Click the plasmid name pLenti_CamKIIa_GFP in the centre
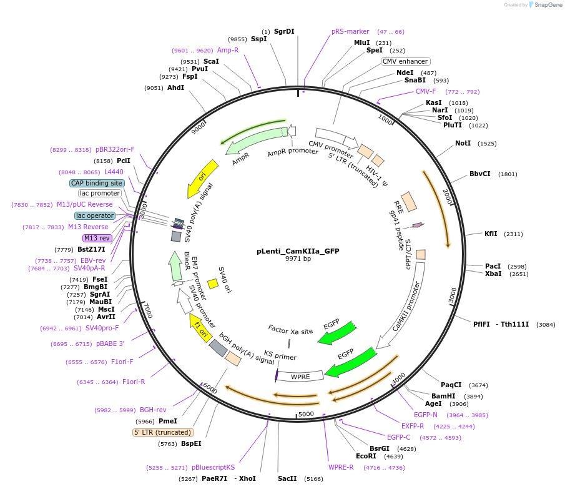[298, 251]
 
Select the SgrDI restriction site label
[284, 31]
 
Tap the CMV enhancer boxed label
[405, 61]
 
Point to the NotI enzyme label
[463, 143]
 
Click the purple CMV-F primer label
[426, 91]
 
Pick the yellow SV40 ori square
[212, 284]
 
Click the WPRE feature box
[300, 377]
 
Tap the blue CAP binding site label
[96, 183]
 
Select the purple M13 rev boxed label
[97, 238]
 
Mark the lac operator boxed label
[96, 215]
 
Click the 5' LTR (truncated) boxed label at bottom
[163, 432]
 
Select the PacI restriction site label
[493, 266]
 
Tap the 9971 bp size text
[298, 259]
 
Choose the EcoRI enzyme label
[366, 456]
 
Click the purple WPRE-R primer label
[341, 467]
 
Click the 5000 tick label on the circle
[306, 414]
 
